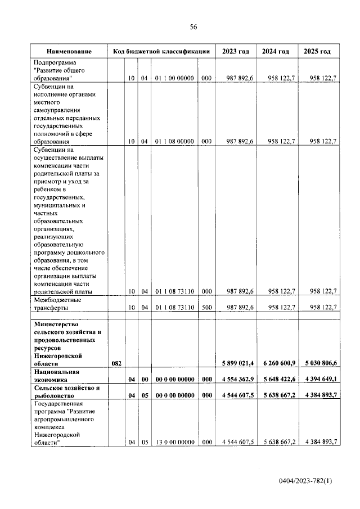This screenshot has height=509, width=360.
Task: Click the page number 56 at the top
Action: coord(193,27)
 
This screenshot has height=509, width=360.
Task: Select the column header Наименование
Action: coord(69,51)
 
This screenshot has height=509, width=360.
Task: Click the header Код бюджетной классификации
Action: coord(162,51)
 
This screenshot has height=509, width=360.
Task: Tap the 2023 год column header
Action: coord(236,51)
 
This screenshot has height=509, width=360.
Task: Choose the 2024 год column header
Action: coord(276,51)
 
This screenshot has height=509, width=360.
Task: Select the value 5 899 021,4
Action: coord(237,364)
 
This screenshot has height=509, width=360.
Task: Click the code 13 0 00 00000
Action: coord(175,442)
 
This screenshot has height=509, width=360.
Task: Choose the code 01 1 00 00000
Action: coord(175,79)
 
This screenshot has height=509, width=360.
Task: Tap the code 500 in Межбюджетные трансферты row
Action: coord(206,308)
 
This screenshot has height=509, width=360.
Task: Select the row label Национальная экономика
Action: coord(57,376)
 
